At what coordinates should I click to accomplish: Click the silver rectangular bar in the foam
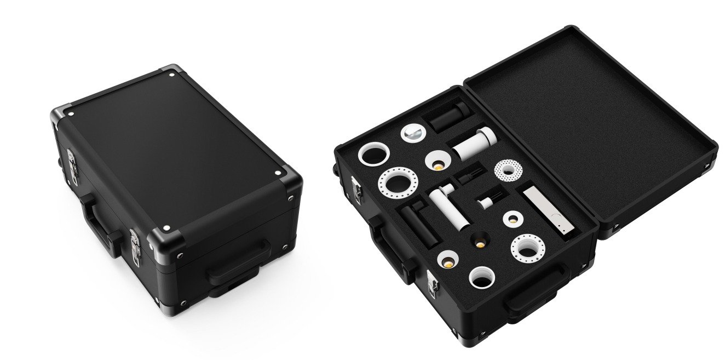pyautogui.click(x=548, y=210)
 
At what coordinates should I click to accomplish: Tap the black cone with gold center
pyautogui.click(x=479, y=239)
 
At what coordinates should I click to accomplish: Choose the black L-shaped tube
pyautogui.click(x=419, y=221)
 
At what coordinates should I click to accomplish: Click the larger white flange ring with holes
pyautogui.click(x=398, y=181)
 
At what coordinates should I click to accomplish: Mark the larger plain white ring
pyautogui.click(x=373, y=155)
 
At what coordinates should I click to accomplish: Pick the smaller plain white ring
pyautogui.click(x=482, y=277)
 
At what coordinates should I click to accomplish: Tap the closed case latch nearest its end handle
pyautogui.click(x=135, y=247)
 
